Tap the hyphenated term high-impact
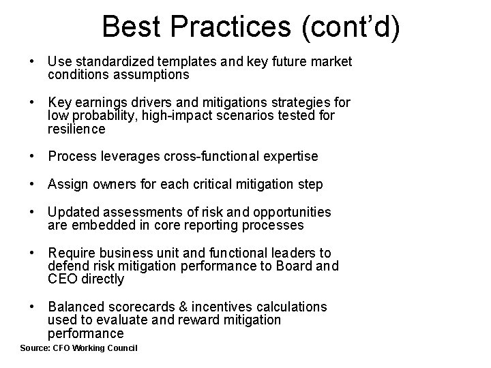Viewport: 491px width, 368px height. [162, 116]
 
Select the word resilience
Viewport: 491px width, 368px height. [76, 129]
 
